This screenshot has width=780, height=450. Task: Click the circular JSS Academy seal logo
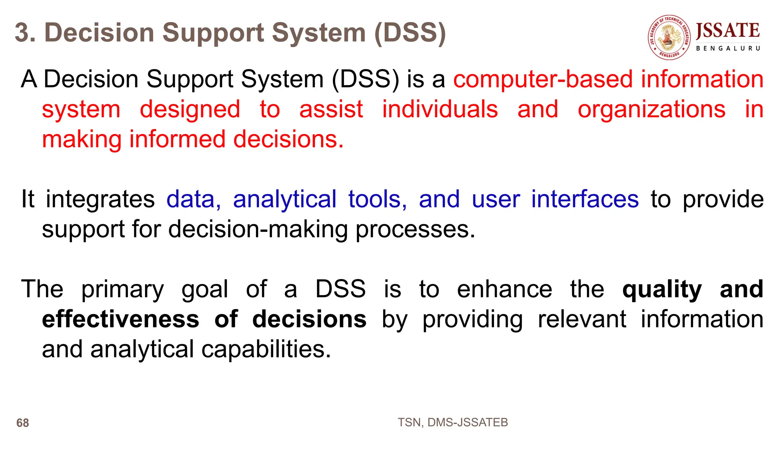(669, 38)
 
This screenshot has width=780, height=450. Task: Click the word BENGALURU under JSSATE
(727, 48)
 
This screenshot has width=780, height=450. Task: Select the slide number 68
(22, 423)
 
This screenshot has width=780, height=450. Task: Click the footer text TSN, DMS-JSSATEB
(452, 422)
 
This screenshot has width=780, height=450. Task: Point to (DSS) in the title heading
(410, 33)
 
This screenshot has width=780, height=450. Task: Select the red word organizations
(651, 110)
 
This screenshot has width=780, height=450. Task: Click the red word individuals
(440, 110)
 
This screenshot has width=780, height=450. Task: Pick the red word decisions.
(288, 139)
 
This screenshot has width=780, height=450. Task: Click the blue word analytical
(285, 199)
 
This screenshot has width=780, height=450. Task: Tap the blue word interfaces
(585, 199)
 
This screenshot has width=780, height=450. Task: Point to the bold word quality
(662, 290)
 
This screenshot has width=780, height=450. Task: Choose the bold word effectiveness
(120, 319)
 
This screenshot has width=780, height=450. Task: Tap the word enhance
(504, 289)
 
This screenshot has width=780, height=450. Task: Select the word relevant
(582, 319)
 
